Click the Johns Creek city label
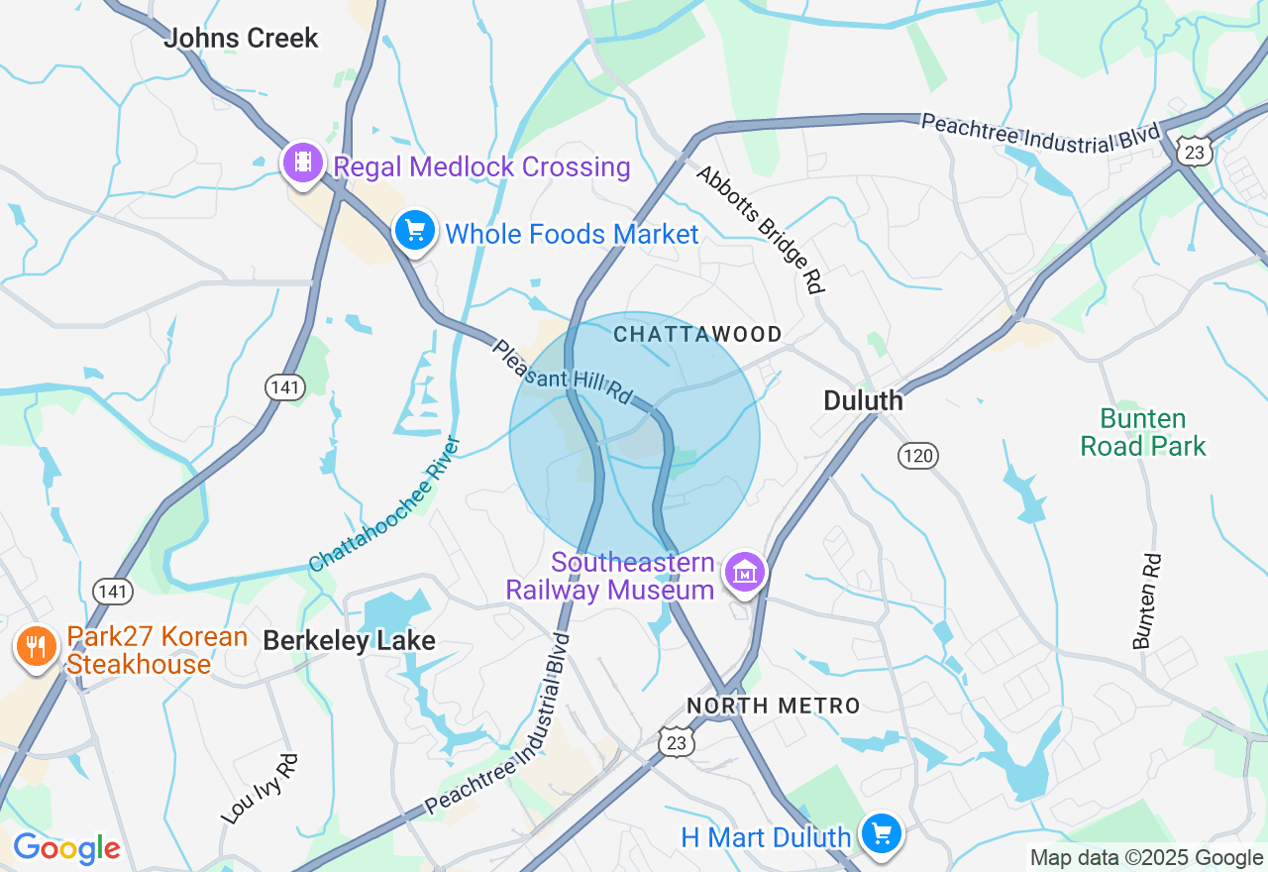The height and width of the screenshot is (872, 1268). point(241,39)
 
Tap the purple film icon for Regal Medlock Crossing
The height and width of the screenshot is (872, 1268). point(303,163)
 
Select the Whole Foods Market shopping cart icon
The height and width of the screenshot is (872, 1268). point(415,231)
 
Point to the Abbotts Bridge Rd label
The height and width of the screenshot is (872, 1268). point(760,229)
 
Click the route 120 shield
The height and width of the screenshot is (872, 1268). point(918,455)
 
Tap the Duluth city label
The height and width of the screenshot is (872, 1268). point(864,400)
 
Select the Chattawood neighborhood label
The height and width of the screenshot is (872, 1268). point(697,334)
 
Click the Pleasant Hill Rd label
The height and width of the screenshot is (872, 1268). point(562,372)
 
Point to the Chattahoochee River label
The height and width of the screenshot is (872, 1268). point(385,505)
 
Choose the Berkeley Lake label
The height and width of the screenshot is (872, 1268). point(349,641)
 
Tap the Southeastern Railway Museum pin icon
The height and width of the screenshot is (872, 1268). point(745,571)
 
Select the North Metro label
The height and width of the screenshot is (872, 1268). point(774,707)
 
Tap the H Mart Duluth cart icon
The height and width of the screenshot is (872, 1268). point(881,832)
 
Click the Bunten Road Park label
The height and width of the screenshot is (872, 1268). point(1143,433)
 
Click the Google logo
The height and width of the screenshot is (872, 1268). point(66,849)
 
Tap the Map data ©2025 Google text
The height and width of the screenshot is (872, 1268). point(1146,858)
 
